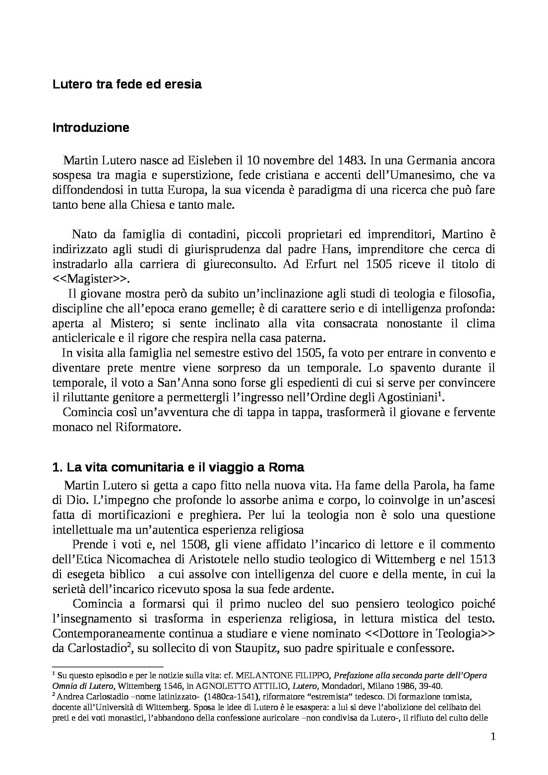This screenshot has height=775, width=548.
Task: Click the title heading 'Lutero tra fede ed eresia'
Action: pyautogui.click(x=127, y=84)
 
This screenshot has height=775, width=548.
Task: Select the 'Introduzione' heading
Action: pyautogui.click(x=91, y=128)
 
